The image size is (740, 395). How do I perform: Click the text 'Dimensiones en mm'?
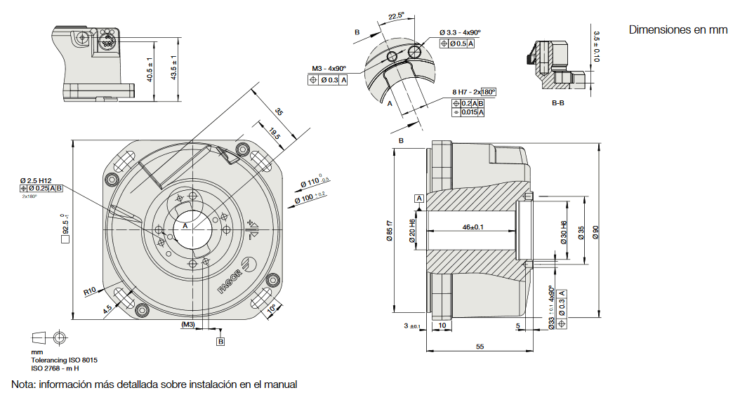pos(678,30)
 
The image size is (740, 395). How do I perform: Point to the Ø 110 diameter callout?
pos(315,183)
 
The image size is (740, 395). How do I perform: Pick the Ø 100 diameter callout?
pos(310,199)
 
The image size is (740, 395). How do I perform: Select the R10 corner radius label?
pos(88,290)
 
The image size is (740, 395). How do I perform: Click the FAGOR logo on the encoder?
pos(232,279)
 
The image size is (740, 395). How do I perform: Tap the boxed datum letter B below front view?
pos(220,342)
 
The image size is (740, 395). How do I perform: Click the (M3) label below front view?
pos(187,325)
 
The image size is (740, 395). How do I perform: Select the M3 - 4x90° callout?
pos(329,69)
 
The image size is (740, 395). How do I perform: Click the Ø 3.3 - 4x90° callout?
pos(459,32)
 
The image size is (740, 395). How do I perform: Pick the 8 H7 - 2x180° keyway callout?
pos(474,92)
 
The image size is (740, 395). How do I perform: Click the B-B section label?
pos(559,103)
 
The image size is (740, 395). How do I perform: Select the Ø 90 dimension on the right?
pos(596,232)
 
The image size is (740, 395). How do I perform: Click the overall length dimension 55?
pos(480,347)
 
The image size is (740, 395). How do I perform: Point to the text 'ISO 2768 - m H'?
pos(55,368)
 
